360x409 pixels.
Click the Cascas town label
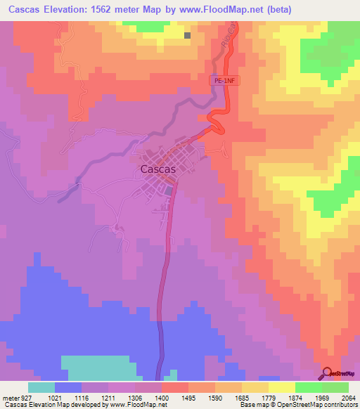pyautogui.click(x=157, y=169)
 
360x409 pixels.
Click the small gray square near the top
pyautogui.click(x=188, y=35)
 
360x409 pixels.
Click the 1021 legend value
pyautogui.click(x=54, y=398)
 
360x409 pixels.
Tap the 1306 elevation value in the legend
pyautogui.click(x=134, y=398)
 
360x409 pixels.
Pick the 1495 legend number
pyautogui.click(x=188, y=398)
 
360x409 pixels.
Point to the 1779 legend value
pyautogui.click(x=269, y=398)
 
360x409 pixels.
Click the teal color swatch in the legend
pyautogui.click(x=41, y=387)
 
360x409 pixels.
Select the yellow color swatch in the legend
pyautogui.click(x=282, y=387)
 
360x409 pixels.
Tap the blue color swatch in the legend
pyautogui.click(x=67, y=387)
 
